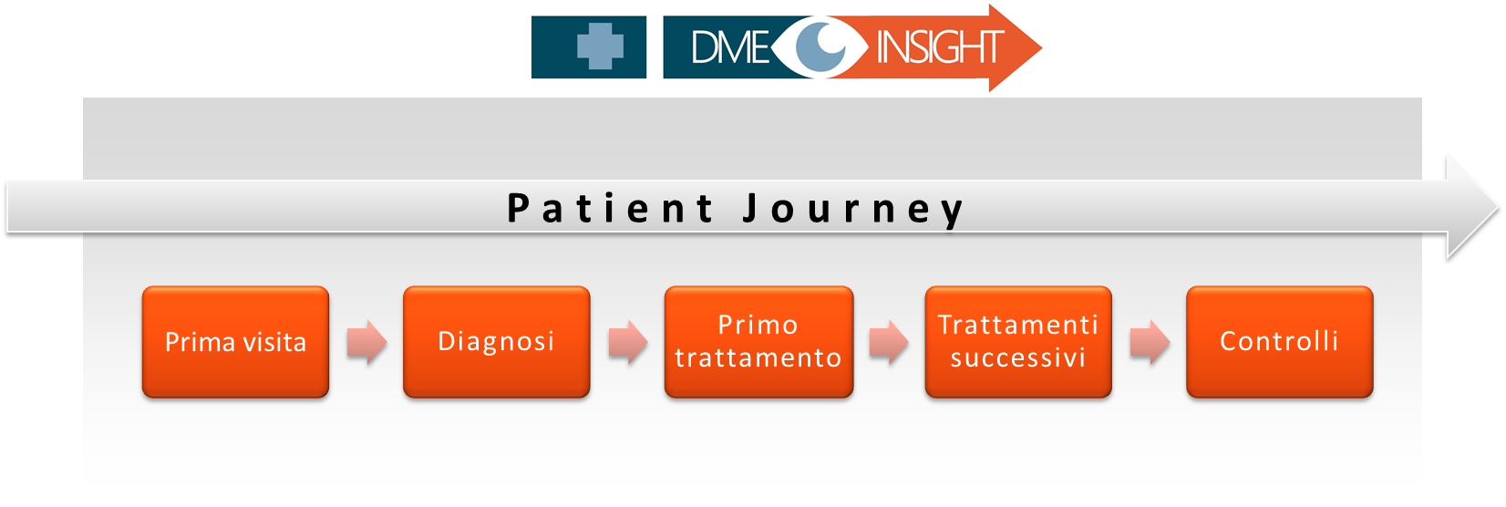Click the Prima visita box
click(x=235, y=342)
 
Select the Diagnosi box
click(x=496, y=342)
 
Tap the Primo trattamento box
click(x=758, y=342)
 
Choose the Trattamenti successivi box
click(x=1018, y=342)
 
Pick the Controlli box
click(x=1279, y=342)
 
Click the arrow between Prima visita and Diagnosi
click(x=367, y=342)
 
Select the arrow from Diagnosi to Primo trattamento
click(x=628, y=342)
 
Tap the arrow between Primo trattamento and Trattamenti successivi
click(x=889, y=342)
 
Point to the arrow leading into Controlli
click(x=1150, y=342)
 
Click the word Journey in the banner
click(x=854, y=209)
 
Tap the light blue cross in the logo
click(x=601, y=47)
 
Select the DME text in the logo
click(x=730, y=47)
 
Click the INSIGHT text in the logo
click(x=940, y=47)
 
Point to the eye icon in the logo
click(x=820, y=47)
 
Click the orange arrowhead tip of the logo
click(x=1041, y=47)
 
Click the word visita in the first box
click(x=274, y=342)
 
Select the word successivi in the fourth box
click(x=1018, y=357)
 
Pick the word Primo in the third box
click(x=758, y=326)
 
